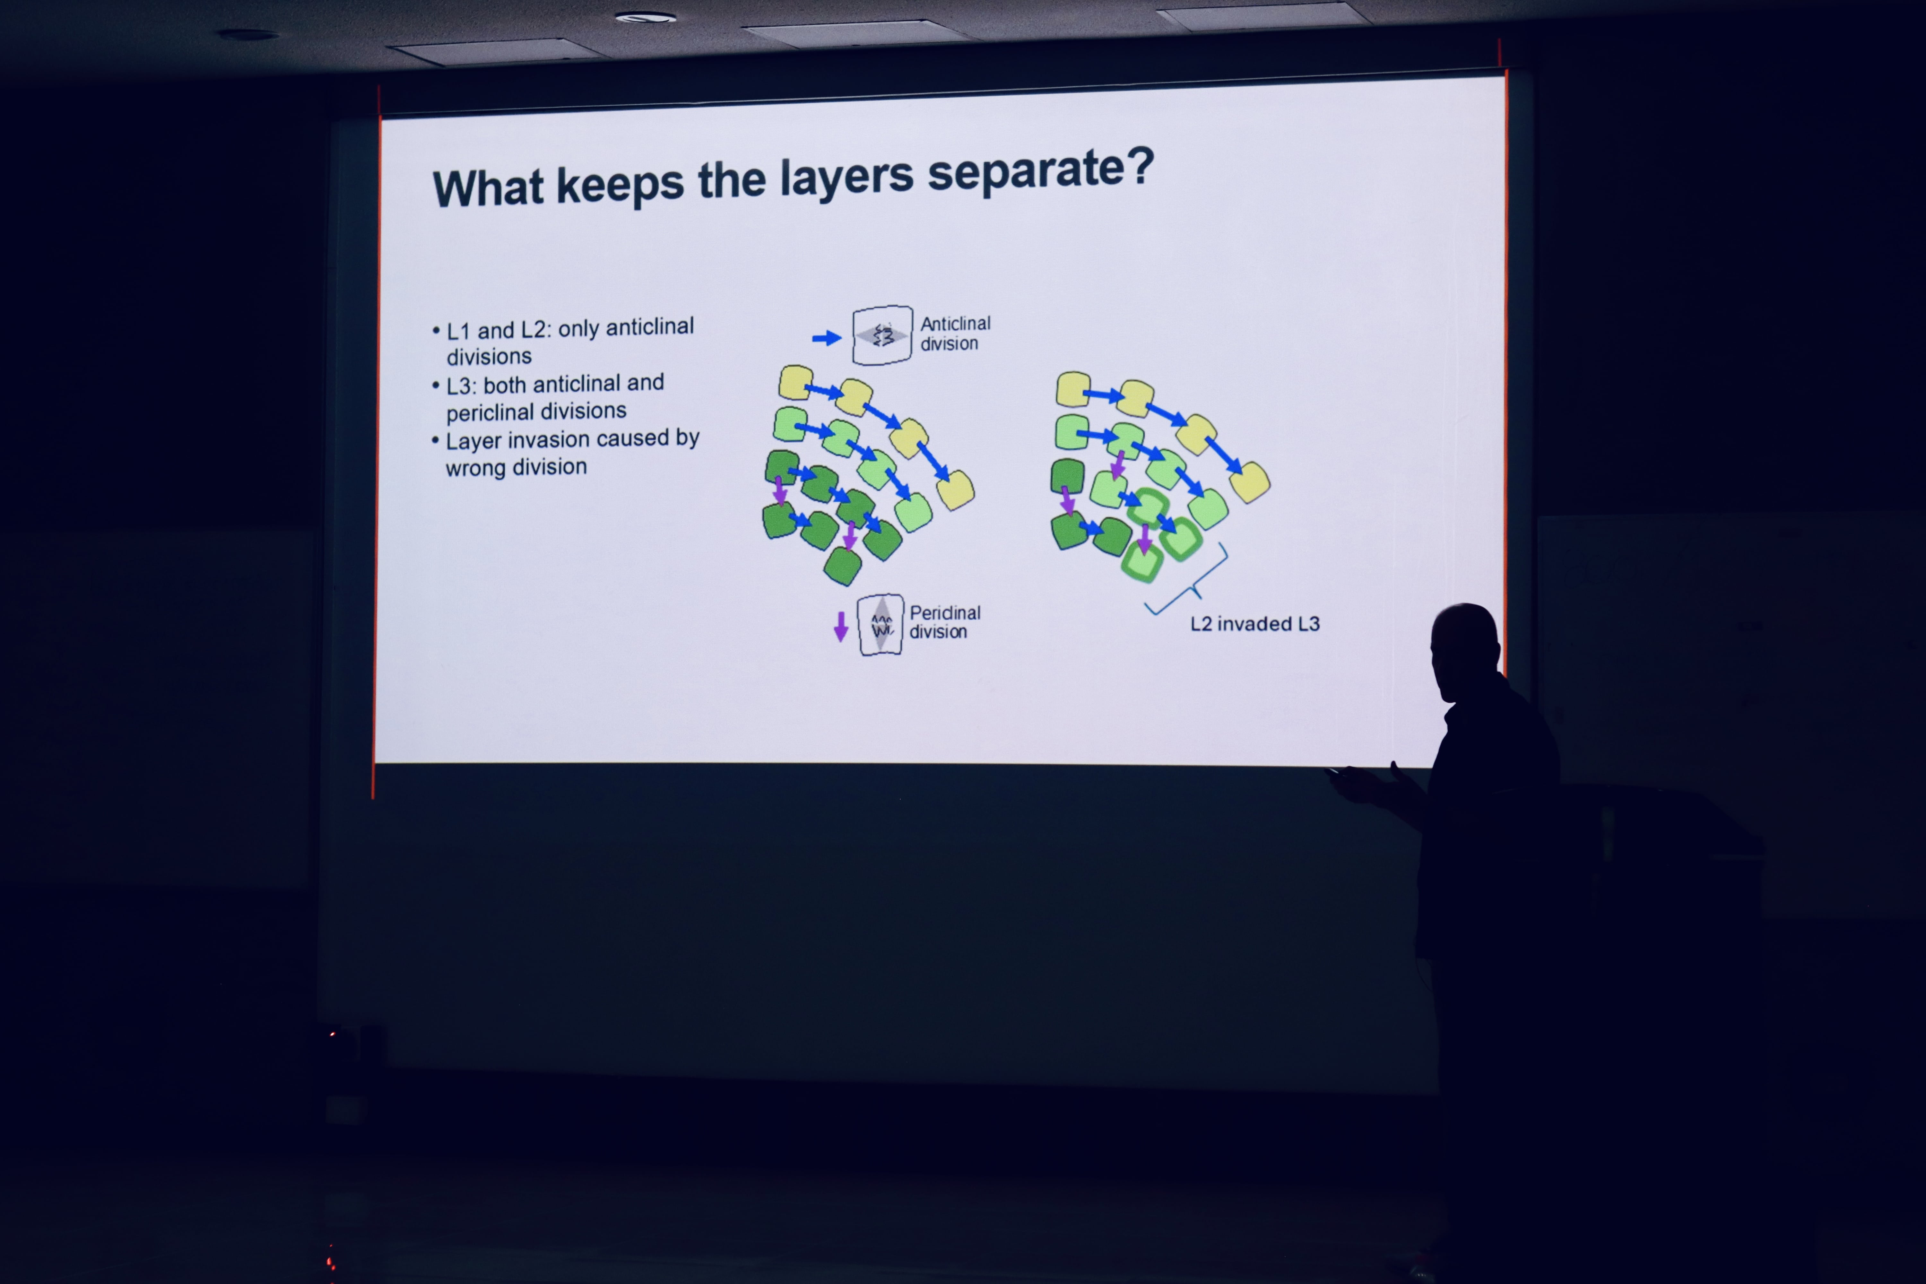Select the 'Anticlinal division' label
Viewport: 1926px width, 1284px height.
click(x=955, y=333)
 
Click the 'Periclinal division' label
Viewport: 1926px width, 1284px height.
click(x=944, y=622)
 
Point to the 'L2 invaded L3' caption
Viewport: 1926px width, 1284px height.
click(x=1254, y=624)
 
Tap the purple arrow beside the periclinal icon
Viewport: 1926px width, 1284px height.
click(x=840, y=627)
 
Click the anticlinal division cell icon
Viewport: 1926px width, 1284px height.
click(x=882, y=335)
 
